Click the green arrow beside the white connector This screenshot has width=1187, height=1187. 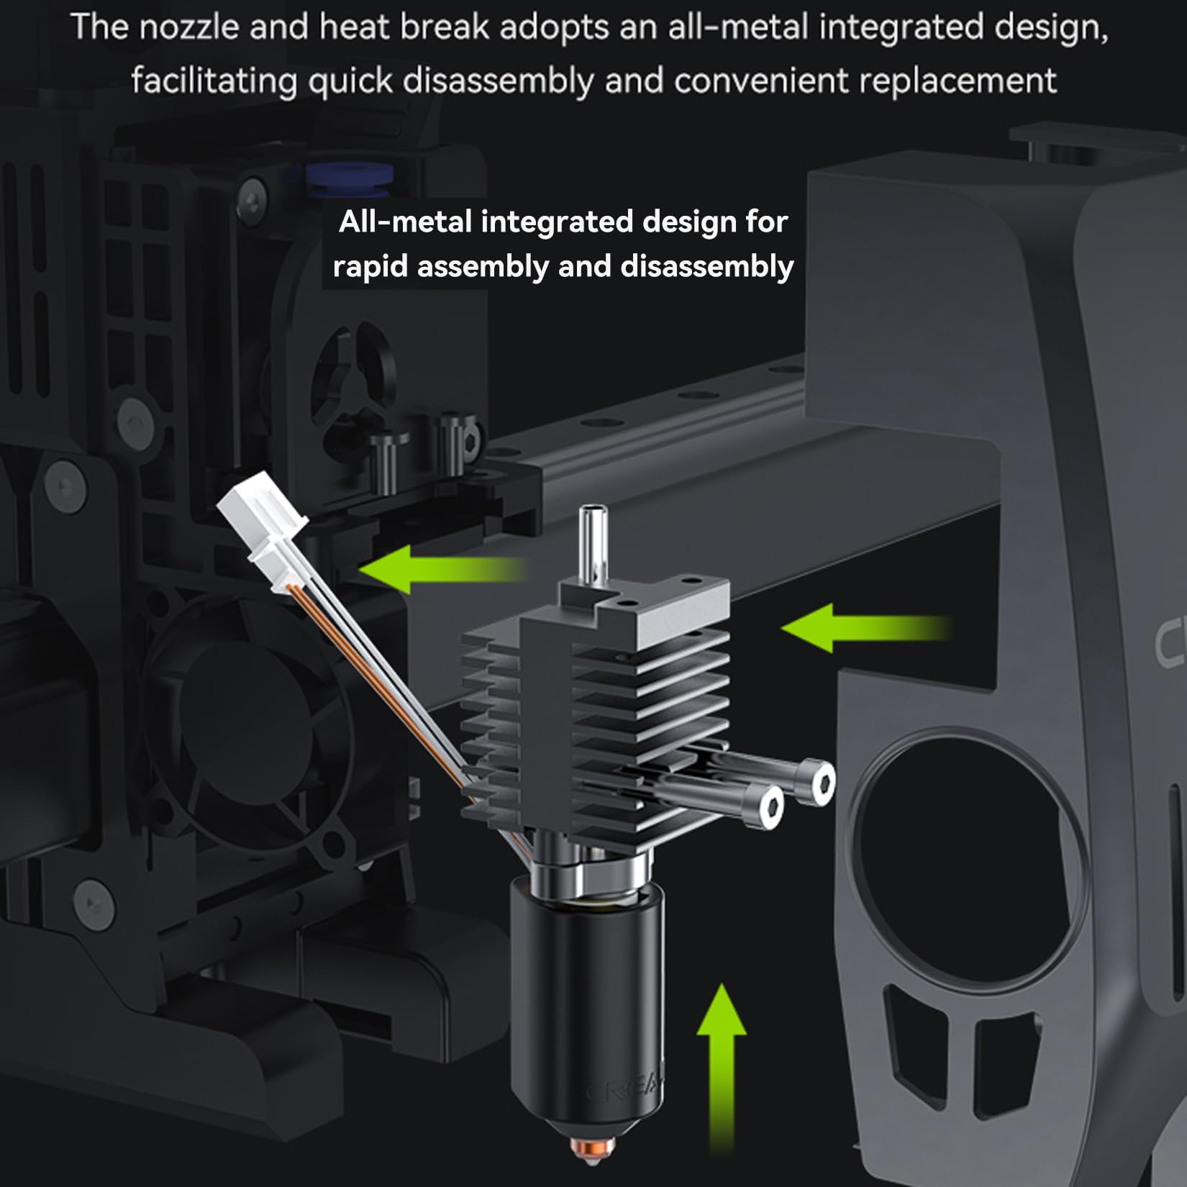[443, 569]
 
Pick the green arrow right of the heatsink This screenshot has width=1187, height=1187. [866, 628]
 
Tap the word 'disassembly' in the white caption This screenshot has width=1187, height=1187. [706, 266]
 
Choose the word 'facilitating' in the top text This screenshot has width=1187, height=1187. [214, 81]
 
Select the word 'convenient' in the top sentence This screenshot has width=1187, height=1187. [761, 81]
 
